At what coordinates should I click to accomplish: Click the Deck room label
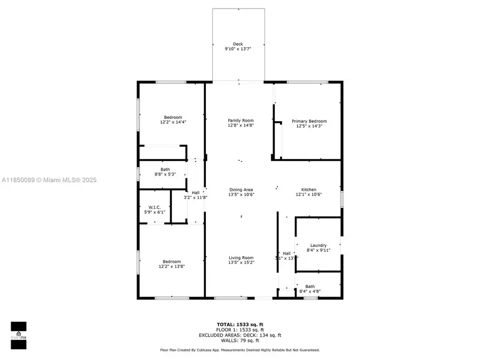pyautogui.click(x=238, y=44)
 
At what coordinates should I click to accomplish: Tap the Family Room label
pyautogui.click(x=241, y=121)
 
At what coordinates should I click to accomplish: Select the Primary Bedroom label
pyautogui.click(x=309, y=121)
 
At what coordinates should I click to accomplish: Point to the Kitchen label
pyautogui.click(x=309, y=189)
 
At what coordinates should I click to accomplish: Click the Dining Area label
pyautogui.click(x=241, y=189)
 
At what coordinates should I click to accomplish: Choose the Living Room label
pyautogui.click(x=241, y=258)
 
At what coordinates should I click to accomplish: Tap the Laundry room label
pyautogui.click(x=318, y=245)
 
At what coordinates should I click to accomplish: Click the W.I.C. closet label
pyautogui.click(x=155, y=207)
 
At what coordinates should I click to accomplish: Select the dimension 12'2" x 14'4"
pyautogui.click(x=173, y=122)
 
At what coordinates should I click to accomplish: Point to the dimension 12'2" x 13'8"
pyautogui.click(x=172, y=266)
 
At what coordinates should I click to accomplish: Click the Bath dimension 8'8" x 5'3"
pyautogui.click(x=150, y=174)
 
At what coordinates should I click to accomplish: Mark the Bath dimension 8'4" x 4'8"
pyautogui.click(x=310, y=291)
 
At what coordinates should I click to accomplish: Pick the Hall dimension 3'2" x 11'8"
pyautogui.click(x=195, y=197)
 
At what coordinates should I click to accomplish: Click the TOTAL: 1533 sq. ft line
pyautogui.click(x=239, y=324)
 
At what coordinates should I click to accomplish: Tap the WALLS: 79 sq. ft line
pyautogui.click(x=239, y=340)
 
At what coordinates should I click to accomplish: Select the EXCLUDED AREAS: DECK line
pyautogui.click(x=239, y=335)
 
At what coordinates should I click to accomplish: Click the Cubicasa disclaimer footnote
pyautogui.click(x=239, y=350)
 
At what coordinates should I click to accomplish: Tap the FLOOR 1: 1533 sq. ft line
pyautogui.click(x=239, y=330)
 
